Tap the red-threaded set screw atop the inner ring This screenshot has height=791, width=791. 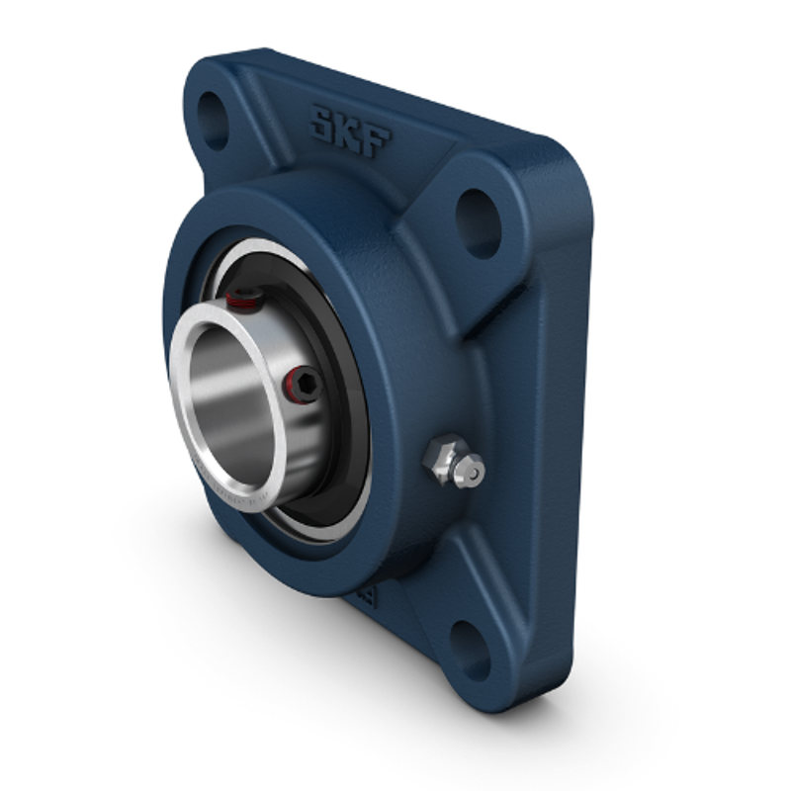tap(241, 296)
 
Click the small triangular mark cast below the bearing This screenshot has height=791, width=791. tap(368, 597)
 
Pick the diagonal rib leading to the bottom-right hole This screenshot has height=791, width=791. tap(435, 583)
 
